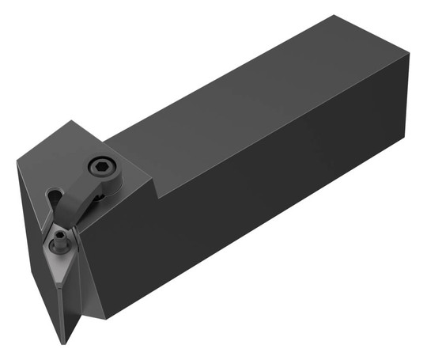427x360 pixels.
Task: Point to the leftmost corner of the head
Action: (17, 163)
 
